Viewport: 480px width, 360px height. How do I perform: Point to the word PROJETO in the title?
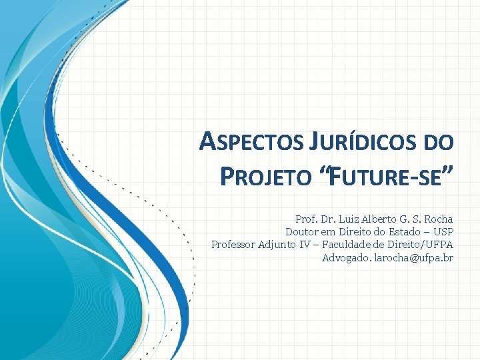coord(265,177)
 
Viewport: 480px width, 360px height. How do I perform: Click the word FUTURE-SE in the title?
coord(383,177)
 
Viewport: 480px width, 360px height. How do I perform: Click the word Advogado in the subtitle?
coord(346,257)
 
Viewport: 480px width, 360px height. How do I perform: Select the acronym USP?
coord(443,232)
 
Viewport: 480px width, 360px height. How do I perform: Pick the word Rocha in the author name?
coord(437,219)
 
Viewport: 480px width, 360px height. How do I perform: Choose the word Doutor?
coord(301,232)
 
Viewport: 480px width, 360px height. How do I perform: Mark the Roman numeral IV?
coord(304,245)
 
